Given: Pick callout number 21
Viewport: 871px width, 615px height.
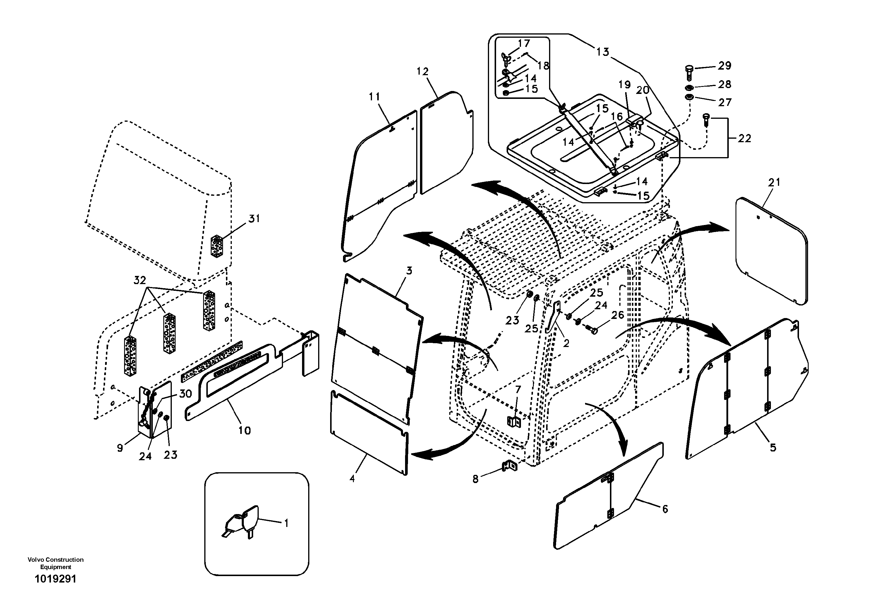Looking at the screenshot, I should (x=774, y=182).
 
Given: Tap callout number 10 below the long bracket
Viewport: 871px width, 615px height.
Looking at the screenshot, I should (x=245, y=430).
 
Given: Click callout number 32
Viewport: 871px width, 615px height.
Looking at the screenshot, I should (x=140, y=281).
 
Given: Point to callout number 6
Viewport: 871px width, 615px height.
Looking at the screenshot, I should (x=665, y=509).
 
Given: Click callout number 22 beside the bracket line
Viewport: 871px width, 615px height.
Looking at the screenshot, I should (x=744, y=138).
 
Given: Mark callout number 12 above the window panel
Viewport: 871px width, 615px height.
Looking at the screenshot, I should (x=423, y=71).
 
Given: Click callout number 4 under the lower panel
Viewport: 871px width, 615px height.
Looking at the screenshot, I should (x=352, y=479).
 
